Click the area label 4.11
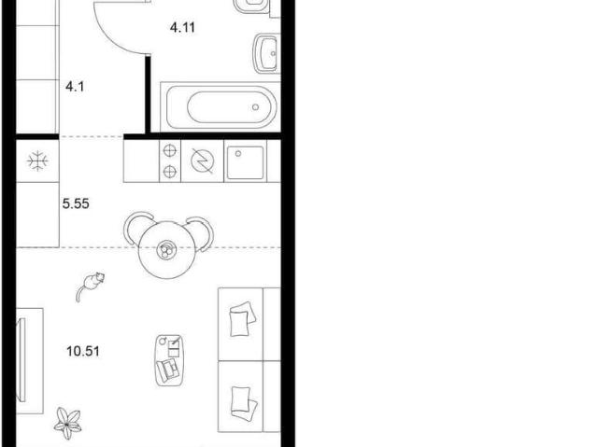pyautogui.click(x=182, y=28)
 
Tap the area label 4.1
pyautogui.click(x=75, y=87)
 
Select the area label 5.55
pyautogui.click(x=76, y=203)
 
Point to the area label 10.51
pyautogui.click(x=83, y=351)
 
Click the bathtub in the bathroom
pyautogui.click(x=221, y=107)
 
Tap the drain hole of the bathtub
pyautogui.click(x=255, y=107)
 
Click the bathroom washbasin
pyautogui.click(x=266, y=53)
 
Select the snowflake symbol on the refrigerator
pyautogui.click(x=37, y=161)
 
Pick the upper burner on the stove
pyautogui.click(x=169, y=151)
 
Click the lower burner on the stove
pyautogui.click(x=169, y=172)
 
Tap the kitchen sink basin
pyautogui.click(x=245, y=162)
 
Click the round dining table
pyautogui.click(x=167, y=250)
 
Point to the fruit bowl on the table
pyautogui.click(x=166, y=250)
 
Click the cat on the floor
pyautogui.click(x=90, y=286)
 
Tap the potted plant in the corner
pyautogui.click(x=67, y=423)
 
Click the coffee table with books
pyautogui.click(x=169, y=360)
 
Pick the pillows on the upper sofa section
pyautogui.click(x=242, y=319)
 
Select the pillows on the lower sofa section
pyautogui.click(x=244, y=404)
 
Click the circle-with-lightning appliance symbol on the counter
pyautogui.click(x=202, y=161)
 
